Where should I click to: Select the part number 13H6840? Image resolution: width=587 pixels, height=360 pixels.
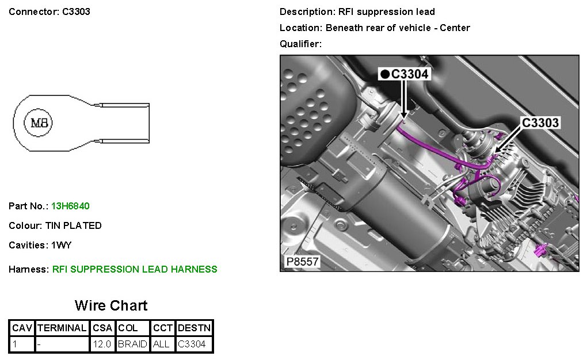click(x=70, y=206)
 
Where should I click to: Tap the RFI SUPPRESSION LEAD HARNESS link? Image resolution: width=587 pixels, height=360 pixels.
click(x=135, y=269)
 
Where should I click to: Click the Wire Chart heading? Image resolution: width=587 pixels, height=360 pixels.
click(x=111, y=305)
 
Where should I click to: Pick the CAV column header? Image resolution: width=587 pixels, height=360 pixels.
click(x=22, y=328)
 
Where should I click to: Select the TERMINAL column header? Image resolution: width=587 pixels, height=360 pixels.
click(x=62, y=328)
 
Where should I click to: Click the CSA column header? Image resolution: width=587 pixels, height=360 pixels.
click(x=102, y=328)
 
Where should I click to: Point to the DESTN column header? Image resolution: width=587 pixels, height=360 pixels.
click(x=195, y=328)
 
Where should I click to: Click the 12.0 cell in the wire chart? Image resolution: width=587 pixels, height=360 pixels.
click(x=102, y=344)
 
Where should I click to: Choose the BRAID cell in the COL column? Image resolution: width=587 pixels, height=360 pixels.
click(x=132, y=344)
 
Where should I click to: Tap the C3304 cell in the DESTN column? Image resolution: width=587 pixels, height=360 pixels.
click(x=192, y=344)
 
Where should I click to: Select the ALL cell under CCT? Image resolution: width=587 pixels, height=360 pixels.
click(x=161, y=344)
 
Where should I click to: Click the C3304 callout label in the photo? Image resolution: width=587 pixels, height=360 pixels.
click(x=410, y=74)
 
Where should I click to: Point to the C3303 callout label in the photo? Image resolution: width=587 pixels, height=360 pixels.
click(x=540, y=122)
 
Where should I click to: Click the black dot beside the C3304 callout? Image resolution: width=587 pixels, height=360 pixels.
click(x=385, y=74)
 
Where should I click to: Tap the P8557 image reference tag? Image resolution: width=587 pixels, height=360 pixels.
click(x=302, y=261)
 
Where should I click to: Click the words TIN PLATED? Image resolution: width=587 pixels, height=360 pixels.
click(x=74, y=225)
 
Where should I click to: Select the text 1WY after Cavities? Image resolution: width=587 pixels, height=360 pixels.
click(x=61, y=245)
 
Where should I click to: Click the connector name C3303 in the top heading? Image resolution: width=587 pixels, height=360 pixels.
click(x=76, y=12)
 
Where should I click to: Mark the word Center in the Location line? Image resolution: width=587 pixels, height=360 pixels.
click(x=455, y=28)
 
